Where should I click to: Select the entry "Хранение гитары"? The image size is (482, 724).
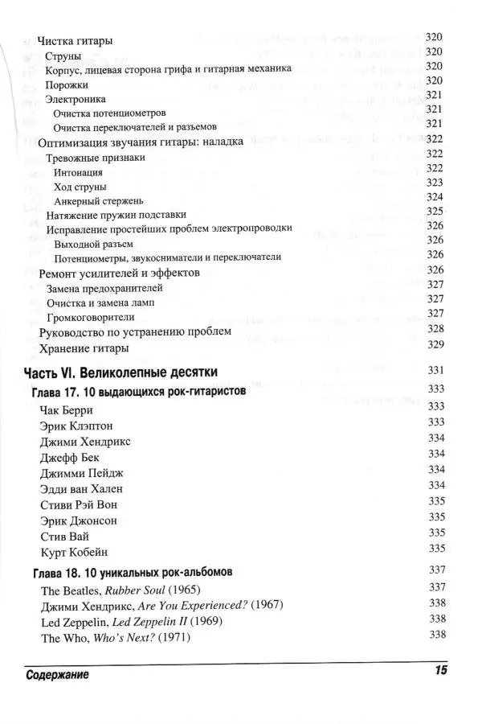click(x=83, y=348)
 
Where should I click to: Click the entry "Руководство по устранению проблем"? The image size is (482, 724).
click(x=135, y=331)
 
